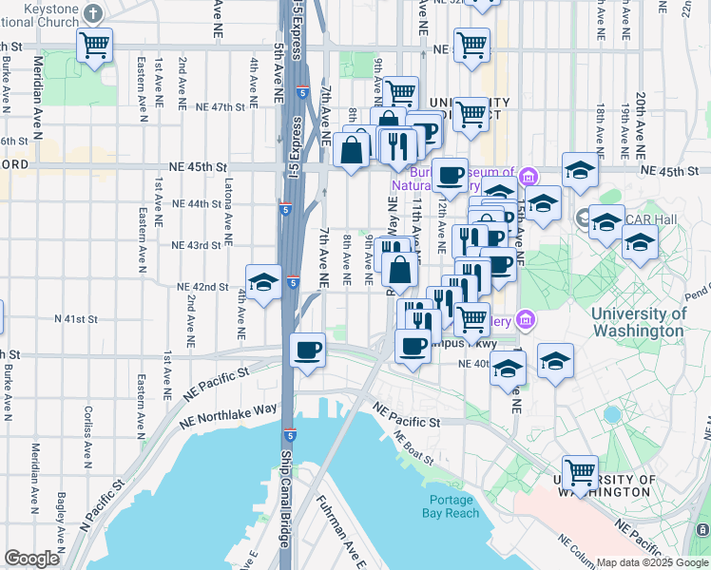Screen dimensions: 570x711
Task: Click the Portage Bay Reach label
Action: tap(454, 506)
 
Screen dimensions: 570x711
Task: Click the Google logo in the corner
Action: tap(31, 559)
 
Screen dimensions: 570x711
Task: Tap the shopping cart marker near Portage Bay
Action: tap(580, 470)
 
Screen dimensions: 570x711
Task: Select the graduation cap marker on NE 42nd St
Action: tap(263, 282)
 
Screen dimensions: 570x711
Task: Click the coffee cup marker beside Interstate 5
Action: tap(307, 350)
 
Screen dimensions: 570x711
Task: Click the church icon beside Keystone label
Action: tap(92, 14)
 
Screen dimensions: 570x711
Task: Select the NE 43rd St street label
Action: tap(196, 245)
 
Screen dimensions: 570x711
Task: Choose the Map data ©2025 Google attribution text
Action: tap(652, 562)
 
